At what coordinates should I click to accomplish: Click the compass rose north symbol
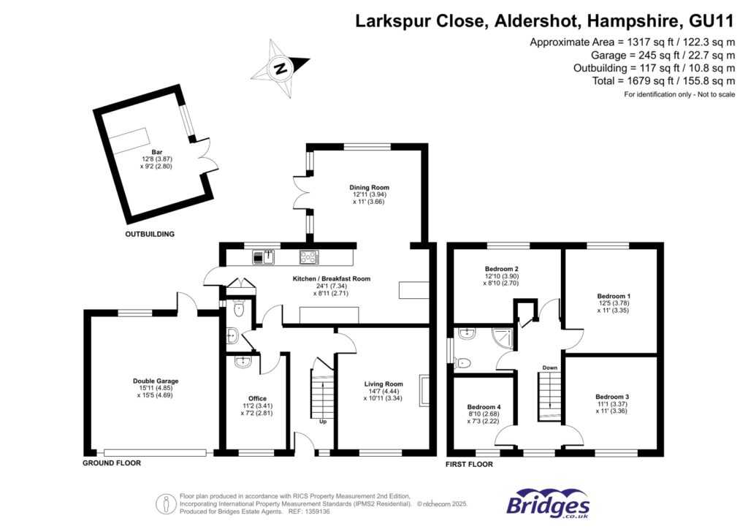click(280, 69)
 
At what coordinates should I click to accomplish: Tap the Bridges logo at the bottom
click(548, 504)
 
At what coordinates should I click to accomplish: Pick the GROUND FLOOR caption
click(111, 463)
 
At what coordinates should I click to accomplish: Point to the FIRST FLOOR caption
click(469, 464)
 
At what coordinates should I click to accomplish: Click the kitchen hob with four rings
click(308, 256)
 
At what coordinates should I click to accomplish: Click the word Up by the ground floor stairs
click(322, 422)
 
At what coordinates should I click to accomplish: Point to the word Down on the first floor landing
click(549, 368)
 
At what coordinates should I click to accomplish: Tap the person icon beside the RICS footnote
click(167, 503)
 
